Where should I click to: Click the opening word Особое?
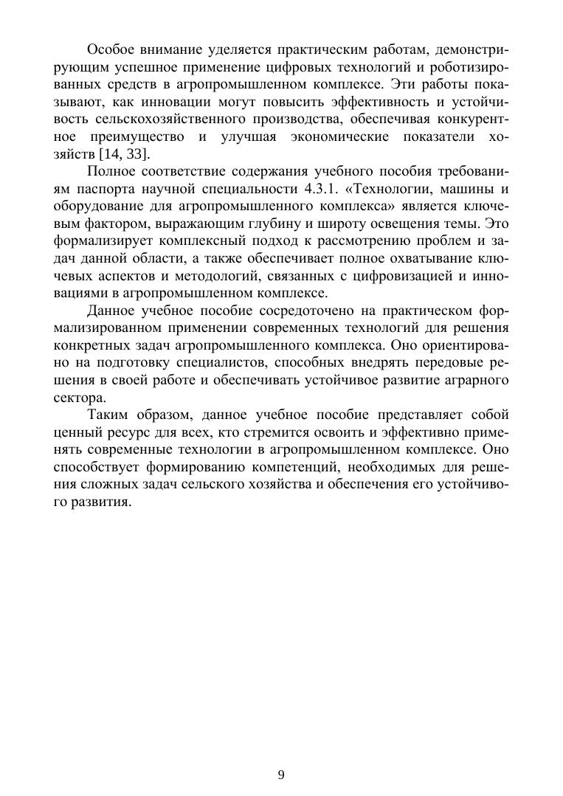111,49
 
